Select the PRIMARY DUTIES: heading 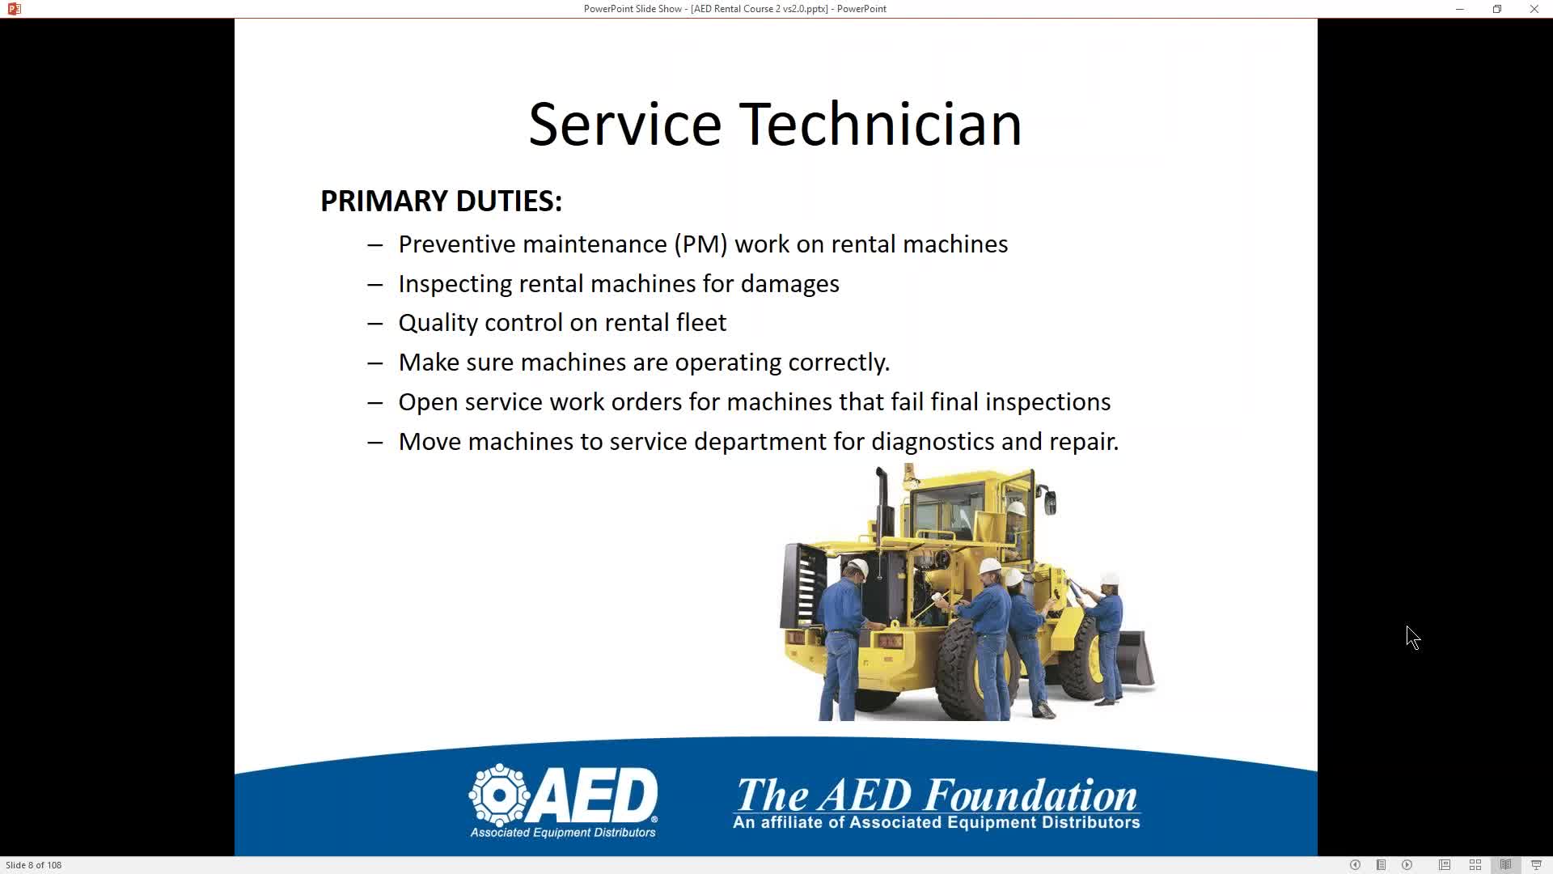[x=441, y=201]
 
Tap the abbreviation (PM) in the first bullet [x=700, y=244]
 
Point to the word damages [x=789, y=283]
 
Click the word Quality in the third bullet [x=438, y=323]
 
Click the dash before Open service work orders [x=374, y=402]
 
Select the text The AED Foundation [x=937, y=795]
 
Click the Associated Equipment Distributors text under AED [x=563, y=833]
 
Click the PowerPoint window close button [x=1534, y=9]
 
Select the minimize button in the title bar [x=1460, y=9]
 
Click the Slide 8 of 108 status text [x=34, y=865]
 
